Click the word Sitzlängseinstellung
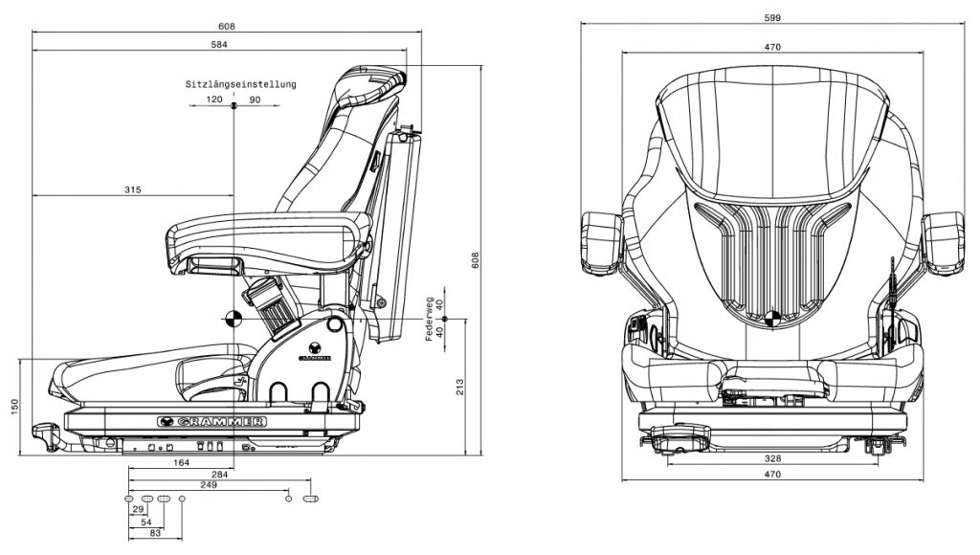point(240,84)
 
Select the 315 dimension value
point(132,190)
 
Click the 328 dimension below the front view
point(773,458)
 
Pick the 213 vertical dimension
point(460,386)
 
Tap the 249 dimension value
point(209,485)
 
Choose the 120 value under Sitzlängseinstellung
point(213,100)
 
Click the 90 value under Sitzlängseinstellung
point(255,100)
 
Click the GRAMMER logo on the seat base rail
point(213,420)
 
